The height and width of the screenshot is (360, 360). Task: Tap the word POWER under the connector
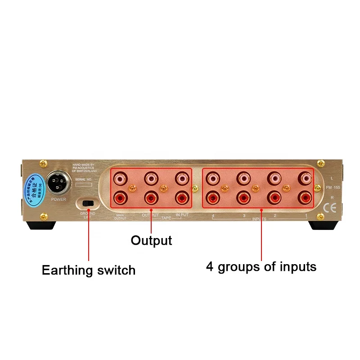pos(58,198)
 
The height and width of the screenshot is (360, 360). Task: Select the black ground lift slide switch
pos(89,203)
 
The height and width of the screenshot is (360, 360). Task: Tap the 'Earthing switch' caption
pos(89,270)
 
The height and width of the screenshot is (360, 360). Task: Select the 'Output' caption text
pos(151,240)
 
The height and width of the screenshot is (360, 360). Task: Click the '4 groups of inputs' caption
pos(261,267)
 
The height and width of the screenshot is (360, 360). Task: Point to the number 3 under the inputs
pos(244,216)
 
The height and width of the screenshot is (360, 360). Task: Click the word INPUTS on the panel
pos(259,219)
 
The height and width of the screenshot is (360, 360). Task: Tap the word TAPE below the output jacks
pos(167,217)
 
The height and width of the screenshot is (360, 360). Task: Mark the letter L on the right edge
pos(331,179)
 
